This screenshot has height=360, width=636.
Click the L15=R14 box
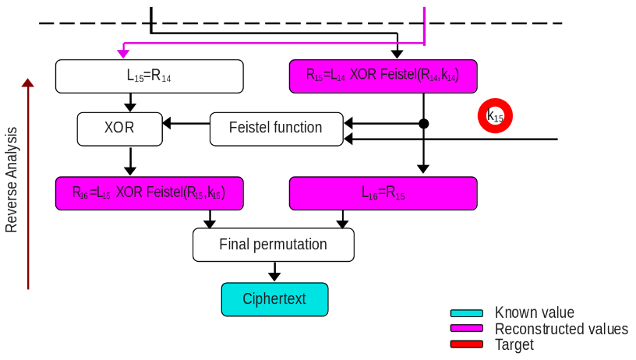pyautogui.click(x=150, y=76)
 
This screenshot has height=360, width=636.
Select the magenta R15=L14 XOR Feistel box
pyautogui.click(x=383, y=76)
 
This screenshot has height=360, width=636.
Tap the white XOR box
pyautogui.click(x=119, y=129)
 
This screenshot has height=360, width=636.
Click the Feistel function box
pyautogui.click(x=276, y=129)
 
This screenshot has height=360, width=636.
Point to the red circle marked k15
pyautogui.click(x=495, y=117)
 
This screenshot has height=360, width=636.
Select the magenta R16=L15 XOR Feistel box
pyautogui.click(x=150, y=193)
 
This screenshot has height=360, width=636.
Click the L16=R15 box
pyautogui.click(x=383, y=193)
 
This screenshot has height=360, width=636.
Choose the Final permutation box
pyautogui.click(x=273, y=245)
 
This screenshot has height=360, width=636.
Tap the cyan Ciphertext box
pyautogui.click(x=274, y=299)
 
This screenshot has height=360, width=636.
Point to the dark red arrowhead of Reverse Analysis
pyautogui.click(x=28, y=83)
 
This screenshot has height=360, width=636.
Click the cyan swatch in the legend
pyautogui.click(x=467, y=313)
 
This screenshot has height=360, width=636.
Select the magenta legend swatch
pyautogui.click(x=467, y=329)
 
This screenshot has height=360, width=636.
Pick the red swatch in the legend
pyautogui.click(x=467, y=344)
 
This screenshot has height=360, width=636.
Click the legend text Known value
pyautogui.click(x=534, y=313)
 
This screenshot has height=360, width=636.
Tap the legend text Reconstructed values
pyautogui.click(x=561, y=329)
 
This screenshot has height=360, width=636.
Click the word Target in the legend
pyautogui.click(x=514, y=344)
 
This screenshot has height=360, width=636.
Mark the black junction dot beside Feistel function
pyautogui.click(x=423, y=123)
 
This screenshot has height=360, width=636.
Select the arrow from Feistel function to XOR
pyautogui.click(x=185, y=123)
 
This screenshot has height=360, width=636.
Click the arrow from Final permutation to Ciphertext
pyautogui.click(x=274, y=271)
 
